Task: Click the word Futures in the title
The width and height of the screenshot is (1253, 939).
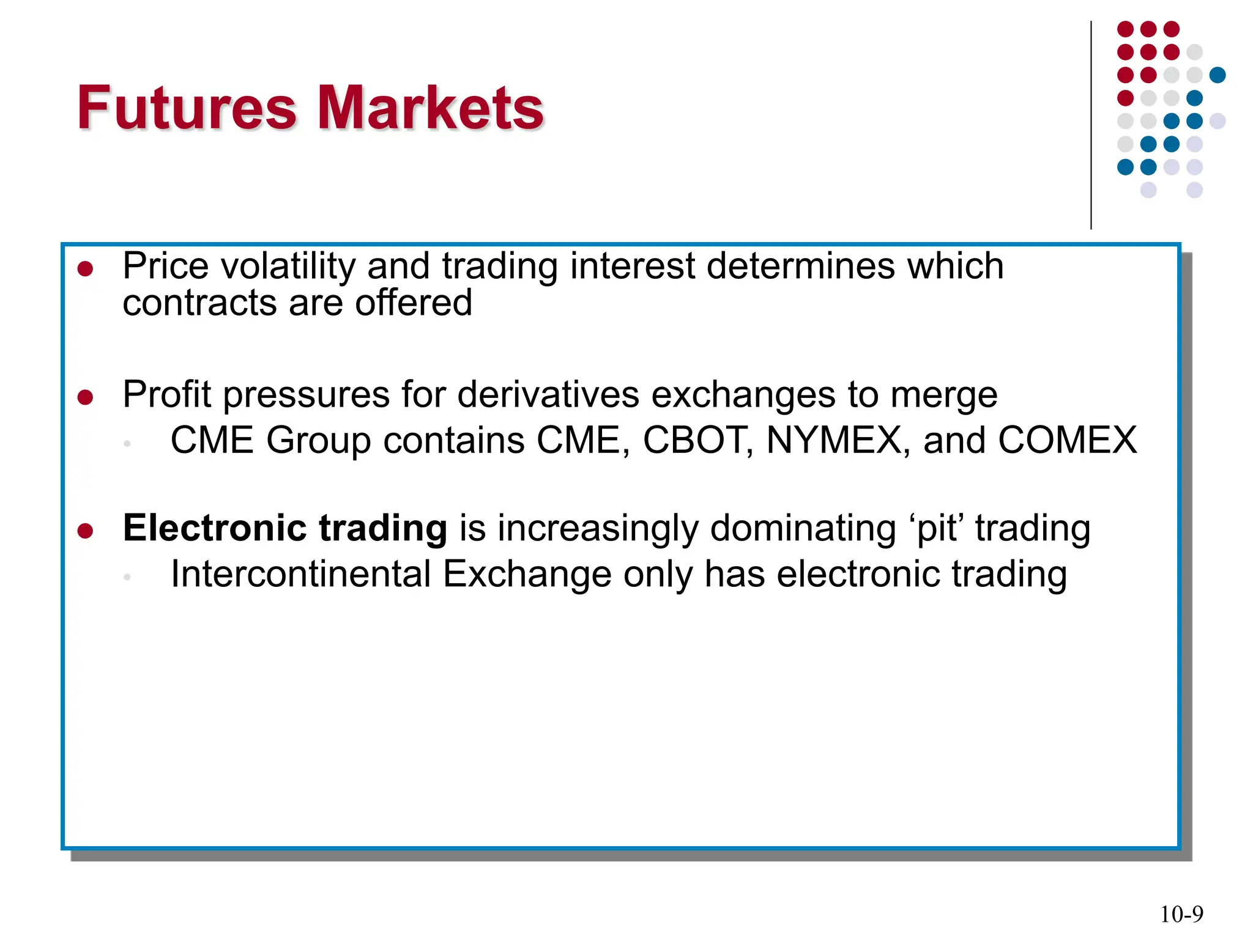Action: click(187, 108)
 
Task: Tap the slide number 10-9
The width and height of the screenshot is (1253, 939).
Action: click(1181, 915)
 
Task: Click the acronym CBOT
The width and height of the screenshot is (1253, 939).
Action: click(697, 440)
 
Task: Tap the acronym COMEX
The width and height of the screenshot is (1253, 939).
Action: click(1067, 440)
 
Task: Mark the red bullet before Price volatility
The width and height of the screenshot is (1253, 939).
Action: click(86, 269)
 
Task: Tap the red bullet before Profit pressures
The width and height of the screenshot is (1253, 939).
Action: click(86, 398)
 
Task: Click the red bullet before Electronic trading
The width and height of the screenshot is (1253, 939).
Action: click(86, 531)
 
